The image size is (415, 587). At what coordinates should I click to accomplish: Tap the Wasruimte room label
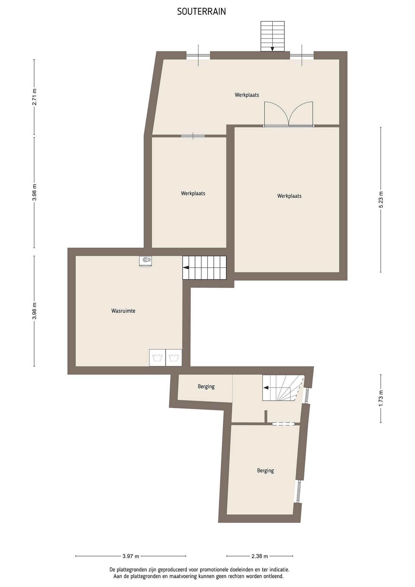coord(123,311)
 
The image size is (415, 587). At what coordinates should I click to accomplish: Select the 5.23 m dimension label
coord(381,200)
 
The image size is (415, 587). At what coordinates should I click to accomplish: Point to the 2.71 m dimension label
coord(34,97)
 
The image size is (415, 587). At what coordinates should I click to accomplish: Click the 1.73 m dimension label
coord(381,398)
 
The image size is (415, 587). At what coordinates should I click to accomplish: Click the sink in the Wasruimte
coord(145,261)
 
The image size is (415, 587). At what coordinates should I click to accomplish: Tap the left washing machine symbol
coord(157,358)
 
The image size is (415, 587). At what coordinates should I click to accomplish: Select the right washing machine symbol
coord(174,358)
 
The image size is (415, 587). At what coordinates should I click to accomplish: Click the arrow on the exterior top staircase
coord(272,49)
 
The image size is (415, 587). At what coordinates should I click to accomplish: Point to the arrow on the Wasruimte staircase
coord(186,268)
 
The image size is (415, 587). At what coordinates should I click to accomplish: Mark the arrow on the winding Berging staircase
coord(266,388)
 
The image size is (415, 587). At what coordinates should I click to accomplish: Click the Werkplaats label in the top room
coord(247,95)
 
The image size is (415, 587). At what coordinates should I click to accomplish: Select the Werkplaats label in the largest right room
coord(289,196)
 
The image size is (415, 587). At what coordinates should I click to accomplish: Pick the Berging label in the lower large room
coord(265,471)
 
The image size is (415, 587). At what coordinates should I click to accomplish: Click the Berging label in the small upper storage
coord(206,387)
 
